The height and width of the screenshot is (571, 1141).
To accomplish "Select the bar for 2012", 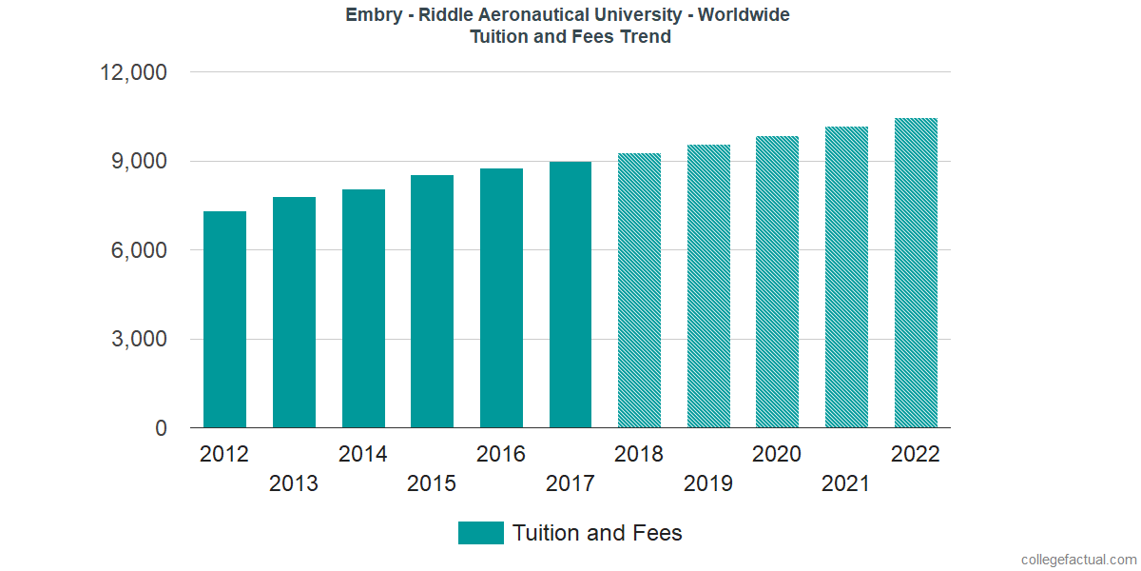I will tap(224, 320).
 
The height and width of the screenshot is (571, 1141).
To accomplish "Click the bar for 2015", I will tap(432, 302).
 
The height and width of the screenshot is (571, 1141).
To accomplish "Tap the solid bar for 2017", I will tap(570, 295).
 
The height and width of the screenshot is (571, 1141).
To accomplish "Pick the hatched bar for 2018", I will tap(639, 290).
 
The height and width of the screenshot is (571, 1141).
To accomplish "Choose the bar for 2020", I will tap(777, 282).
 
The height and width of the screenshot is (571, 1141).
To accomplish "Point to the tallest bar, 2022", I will tap(916, 273).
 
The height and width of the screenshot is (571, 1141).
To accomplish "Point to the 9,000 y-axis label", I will tap(140, 162).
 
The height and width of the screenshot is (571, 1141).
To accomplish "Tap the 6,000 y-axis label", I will tap(140, 250).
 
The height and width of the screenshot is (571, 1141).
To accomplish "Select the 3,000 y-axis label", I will tap(140, 340).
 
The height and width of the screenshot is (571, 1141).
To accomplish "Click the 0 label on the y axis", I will tap(162, 428).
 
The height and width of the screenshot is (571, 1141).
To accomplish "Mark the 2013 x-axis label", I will tap(294, 483).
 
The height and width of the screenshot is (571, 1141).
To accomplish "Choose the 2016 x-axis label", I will tap(501, 454).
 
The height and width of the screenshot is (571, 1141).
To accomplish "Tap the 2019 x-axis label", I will tap(708, 483).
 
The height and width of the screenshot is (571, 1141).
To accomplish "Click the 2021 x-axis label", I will tap(846, 483).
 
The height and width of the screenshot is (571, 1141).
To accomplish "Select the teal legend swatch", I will tap(480, 533).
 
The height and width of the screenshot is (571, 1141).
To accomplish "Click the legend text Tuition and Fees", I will tap(597, 533).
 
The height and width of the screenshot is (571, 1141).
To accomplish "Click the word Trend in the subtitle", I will tap(646, 37).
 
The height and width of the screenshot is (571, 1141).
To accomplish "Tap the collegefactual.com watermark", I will tap(1077, 560).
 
